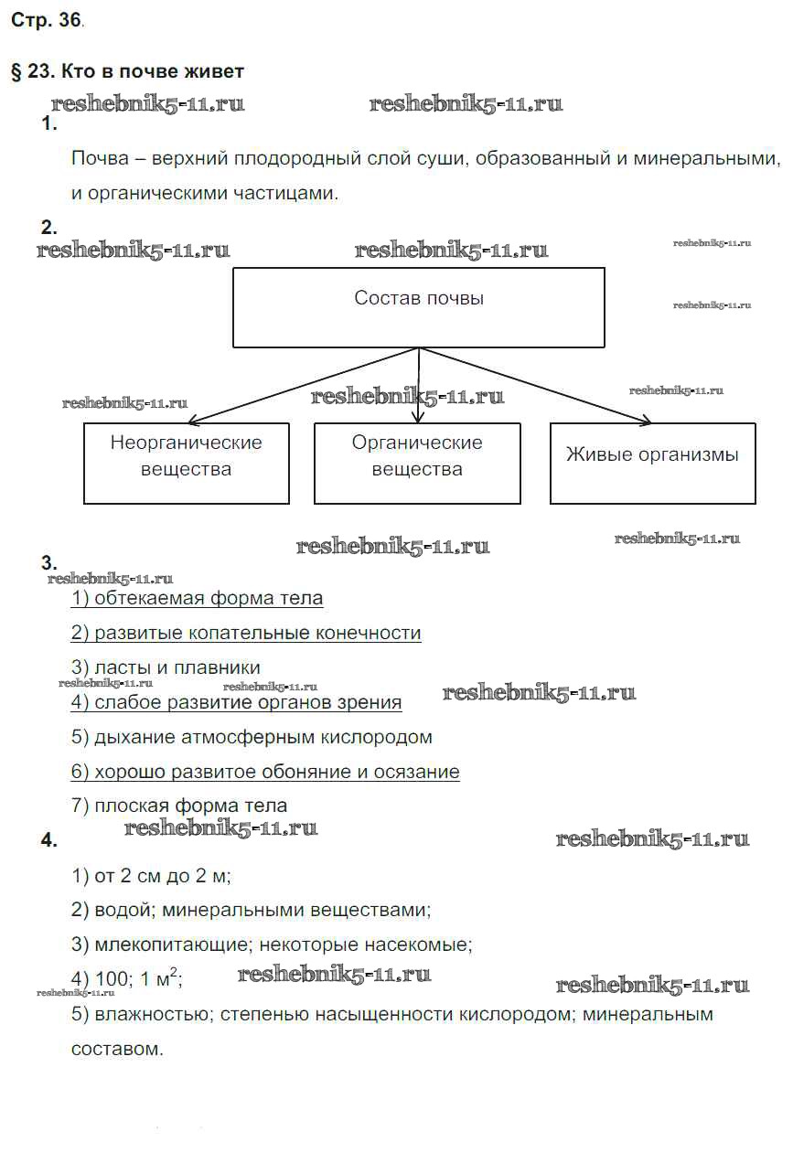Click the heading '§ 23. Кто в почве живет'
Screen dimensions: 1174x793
tap(127, 71)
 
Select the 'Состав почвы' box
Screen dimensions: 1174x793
tap(418, 307)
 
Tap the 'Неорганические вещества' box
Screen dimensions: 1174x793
tap(187, 463)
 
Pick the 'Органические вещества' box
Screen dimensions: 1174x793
tap(417, 463)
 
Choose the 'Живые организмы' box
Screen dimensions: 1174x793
tap(652, 463)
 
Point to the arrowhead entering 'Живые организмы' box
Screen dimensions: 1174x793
tap(646, 422)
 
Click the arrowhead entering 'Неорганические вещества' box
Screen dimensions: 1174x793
tap(194, 422)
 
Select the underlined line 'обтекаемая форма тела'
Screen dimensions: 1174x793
tap(197, 599)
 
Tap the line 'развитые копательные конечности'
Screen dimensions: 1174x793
tap(246, 633)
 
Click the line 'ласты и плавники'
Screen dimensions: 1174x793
tap(166, 667)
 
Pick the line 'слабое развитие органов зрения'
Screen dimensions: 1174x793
tap(236, 702)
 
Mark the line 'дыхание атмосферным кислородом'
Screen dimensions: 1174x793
tap(252, 737)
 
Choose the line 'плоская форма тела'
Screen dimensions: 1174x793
tap(179, 806)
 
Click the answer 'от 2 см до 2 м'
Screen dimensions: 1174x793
tap(151, 876)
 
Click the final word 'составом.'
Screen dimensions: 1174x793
tap(117, 1049)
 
